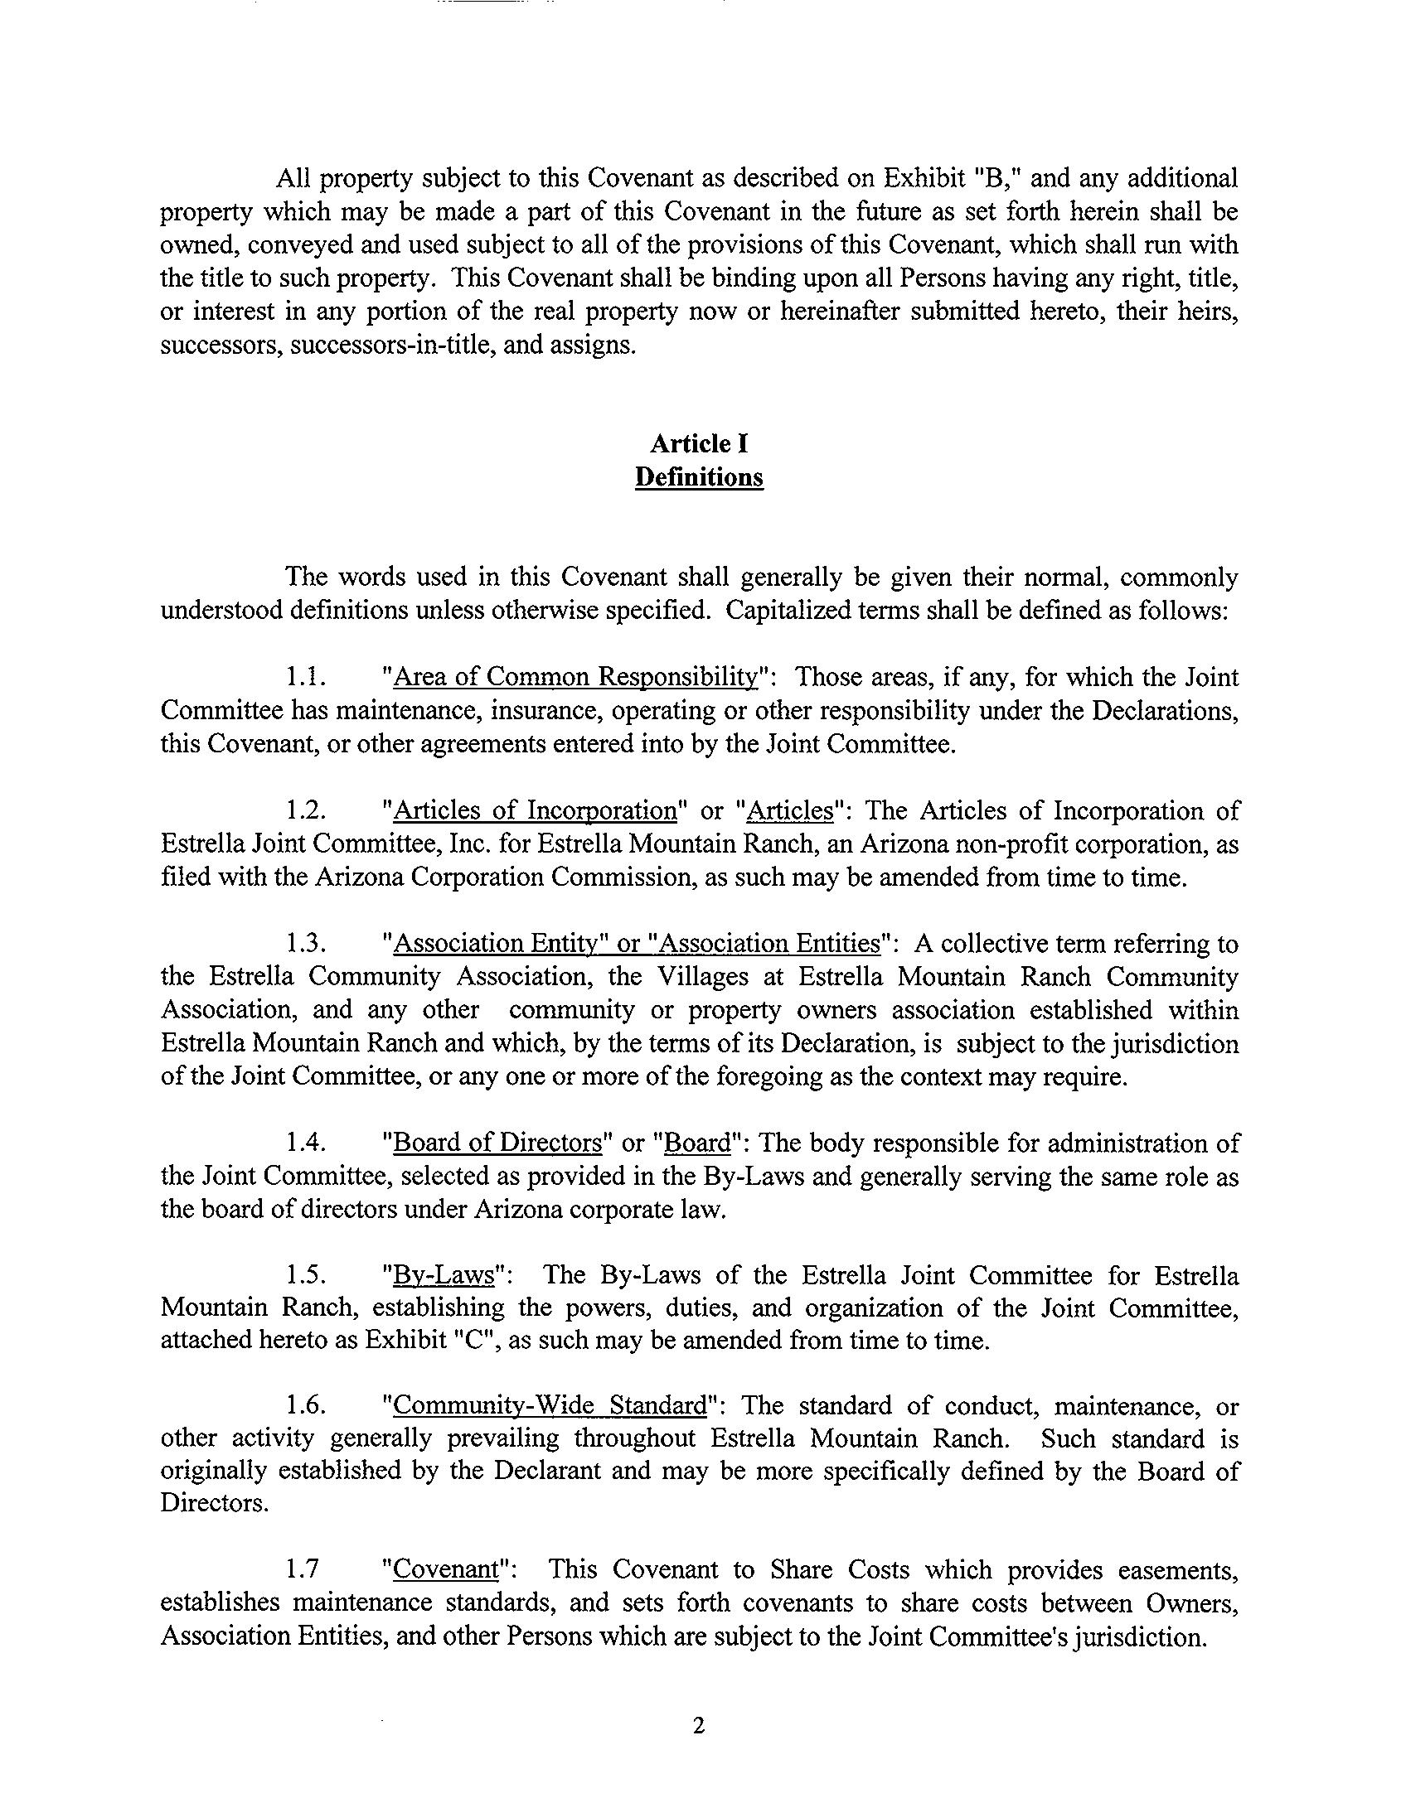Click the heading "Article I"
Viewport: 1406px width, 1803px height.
point(699,444)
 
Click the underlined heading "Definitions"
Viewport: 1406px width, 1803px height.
point(699,478)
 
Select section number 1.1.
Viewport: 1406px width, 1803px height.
point(303,678)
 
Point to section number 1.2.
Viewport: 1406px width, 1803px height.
point(304,810)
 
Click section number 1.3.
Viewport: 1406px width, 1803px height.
point(304,944)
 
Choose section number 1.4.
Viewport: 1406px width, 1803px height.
point(304,1143)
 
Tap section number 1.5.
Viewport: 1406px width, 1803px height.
point(304,1275)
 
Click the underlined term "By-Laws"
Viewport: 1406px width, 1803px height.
point(444,1275)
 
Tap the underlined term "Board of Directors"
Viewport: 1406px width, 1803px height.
point(497,1143)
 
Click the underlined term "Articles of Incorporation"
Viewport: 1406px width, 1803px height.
point(536,810)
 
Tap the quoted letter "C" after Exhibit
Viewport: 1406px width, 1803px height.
point(476,1341)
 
